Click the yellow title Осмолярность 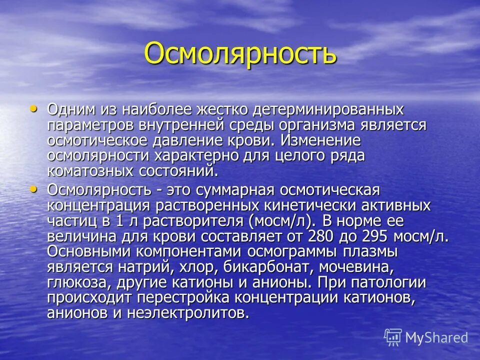(240, 53)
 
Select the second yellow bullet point (34, 189)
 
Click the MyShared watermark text (436, 337)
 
